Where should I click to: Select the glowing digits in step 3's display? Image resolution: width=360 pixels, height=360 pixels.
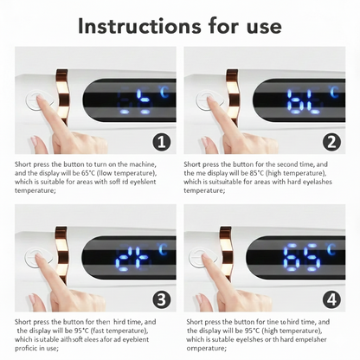click(x=134, y=258)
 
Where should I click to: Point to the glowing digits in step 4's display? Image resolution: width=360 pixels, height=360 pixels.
click(x=300, y=258)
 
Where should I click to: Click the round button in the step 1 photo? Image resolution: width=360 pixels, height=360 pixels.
click(x=35, y=101)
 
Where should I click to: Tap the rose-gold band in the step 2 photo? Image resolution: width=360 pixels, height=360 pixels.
click(x=231, y=100)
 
